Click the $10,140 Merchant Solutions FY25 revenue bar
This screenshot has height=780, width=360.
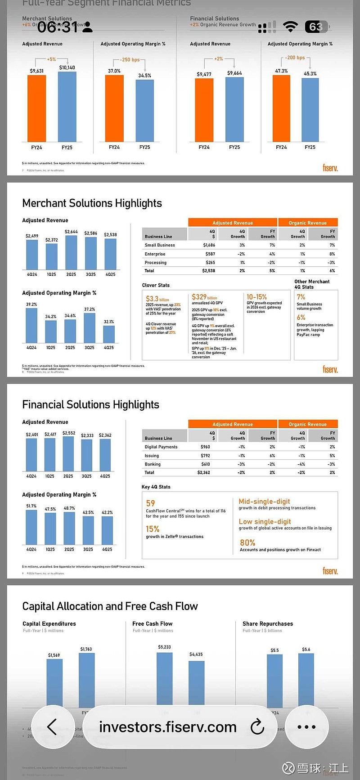(x=67, y=107)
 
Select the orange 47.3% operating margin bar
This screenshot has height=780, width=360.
(x=281, y=108)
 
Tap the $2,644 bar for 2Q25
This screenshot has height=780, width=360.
(x=71, y=252)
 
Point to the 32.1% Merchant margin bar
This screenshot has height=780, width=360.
(x=109, y=334)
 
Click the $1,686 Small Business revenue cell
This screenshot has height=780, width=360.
(x=209, y=245)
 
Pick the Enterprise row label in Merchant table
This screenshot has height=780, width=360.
(x=155, y=254)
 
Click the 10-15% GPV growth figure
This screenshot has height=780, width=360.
(x=256, y=297)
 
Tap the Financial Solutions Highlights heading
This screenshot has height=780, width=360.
(x=90, y=405)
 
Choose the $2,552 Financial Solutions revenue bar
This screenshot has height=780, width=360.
(x=68, y=454)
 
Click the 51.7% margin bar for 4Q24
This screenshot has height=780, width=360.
(x=31, y=527)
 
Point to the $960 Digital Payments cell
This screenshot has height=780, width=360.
(x=205, y=447)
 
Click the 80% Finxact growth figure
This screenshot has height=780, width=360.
(x=247, y=543)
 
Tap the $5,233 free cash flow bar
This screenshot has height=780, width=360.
(x=164, y=679)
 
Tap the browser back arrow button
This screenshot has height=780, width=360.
(x=53, y=726)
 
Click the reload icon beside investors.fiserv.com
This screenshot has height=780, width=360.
(x=257, y=726)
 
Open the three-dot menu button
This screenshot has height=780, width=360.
(x=306, y=726)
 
